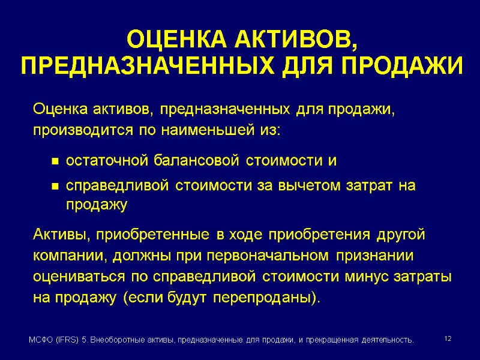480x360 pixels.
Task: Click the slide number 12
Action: (447, 340)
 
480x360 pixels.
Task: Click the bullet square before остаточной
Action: (55, 162)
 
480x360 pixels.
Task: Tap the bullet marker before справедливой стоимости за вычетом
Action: (55, 187)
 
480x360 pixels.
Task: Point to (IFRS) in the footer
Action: (68, 340)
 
